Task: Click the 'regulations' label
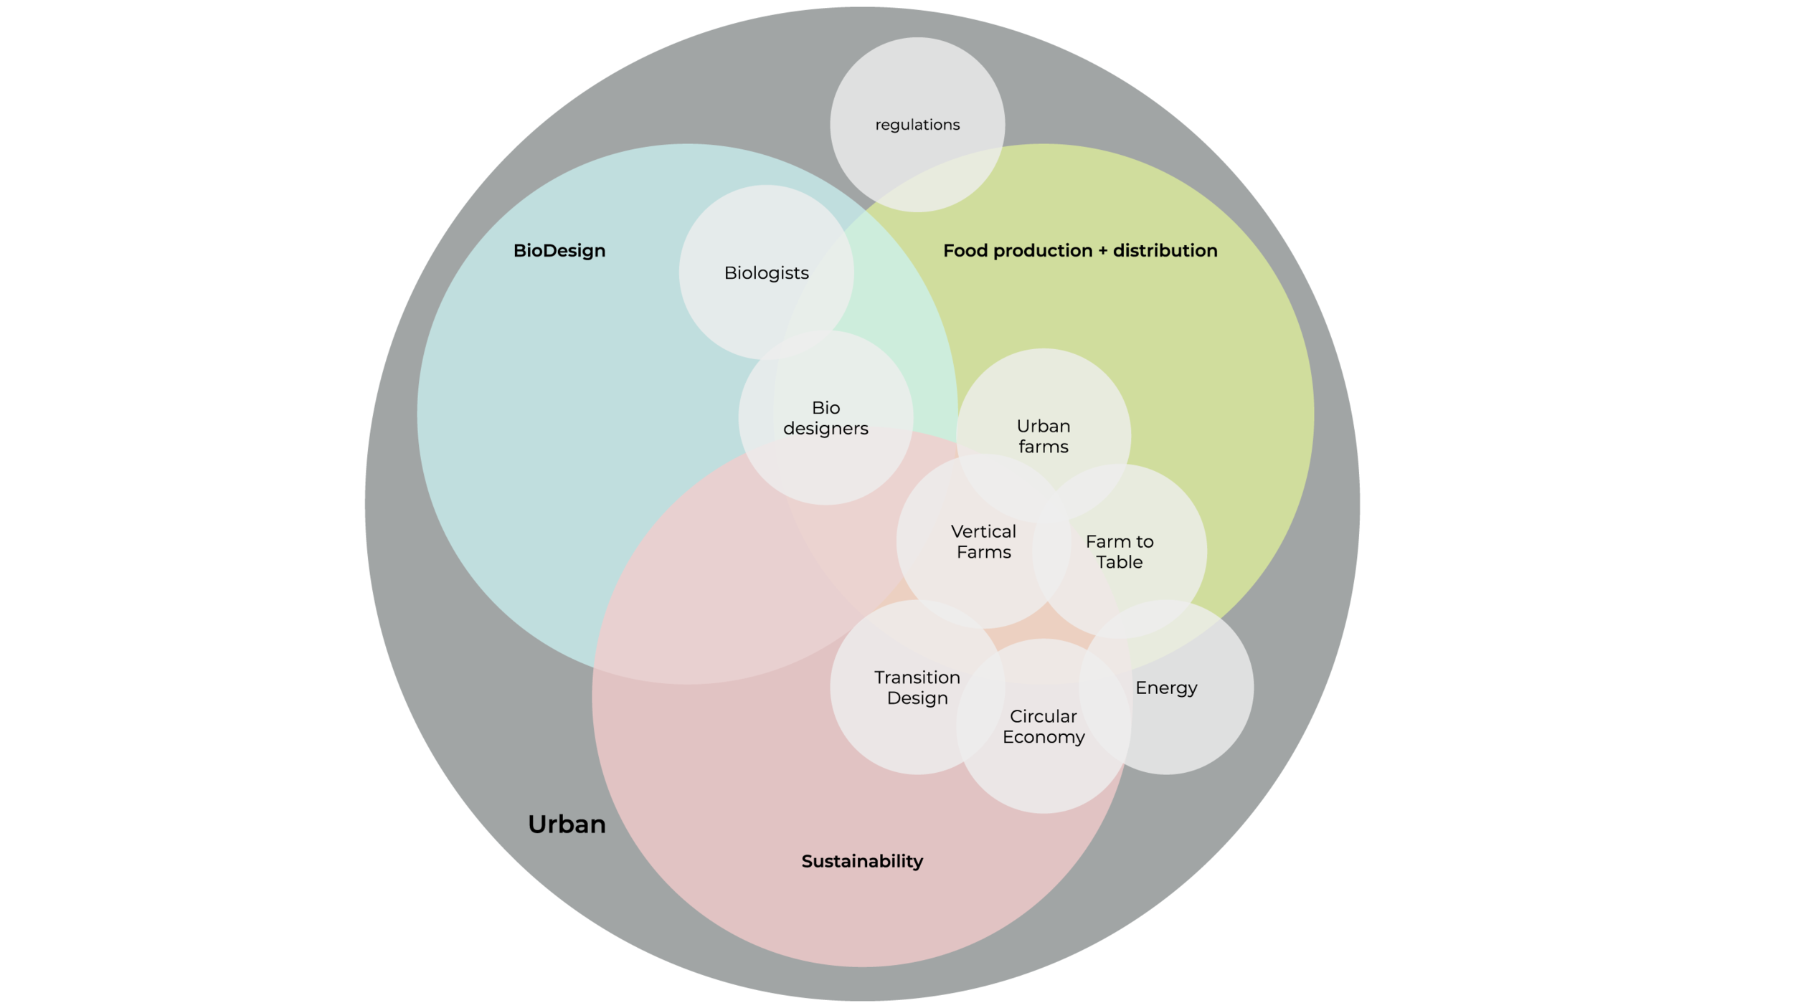917,125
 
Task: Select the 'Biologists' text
766,273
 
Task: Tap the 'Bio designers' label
825,418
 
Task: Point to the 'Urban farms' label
1044,437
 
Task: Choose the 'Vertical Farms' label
983,542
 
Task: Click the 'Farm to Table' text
1119,552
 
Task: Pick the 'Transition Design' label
917,688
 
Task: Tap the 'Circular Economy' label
1044,726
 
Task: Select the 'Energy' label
1166,688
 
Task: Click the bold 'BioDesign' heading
559,251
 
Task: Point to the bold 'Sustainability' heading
862,861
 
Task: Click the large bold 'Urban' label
567,824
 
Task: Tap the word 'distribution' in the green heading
1165,251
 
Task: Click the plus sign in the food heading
1102,251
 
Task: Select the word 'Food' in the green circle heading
965,251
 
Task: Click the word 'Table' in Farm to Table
1119,563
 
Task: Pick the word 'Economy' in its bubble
1044,737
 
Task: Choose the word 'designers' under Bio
825,429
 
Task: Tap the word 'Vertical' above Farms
983,532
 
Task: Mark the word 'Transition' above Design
917,677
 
